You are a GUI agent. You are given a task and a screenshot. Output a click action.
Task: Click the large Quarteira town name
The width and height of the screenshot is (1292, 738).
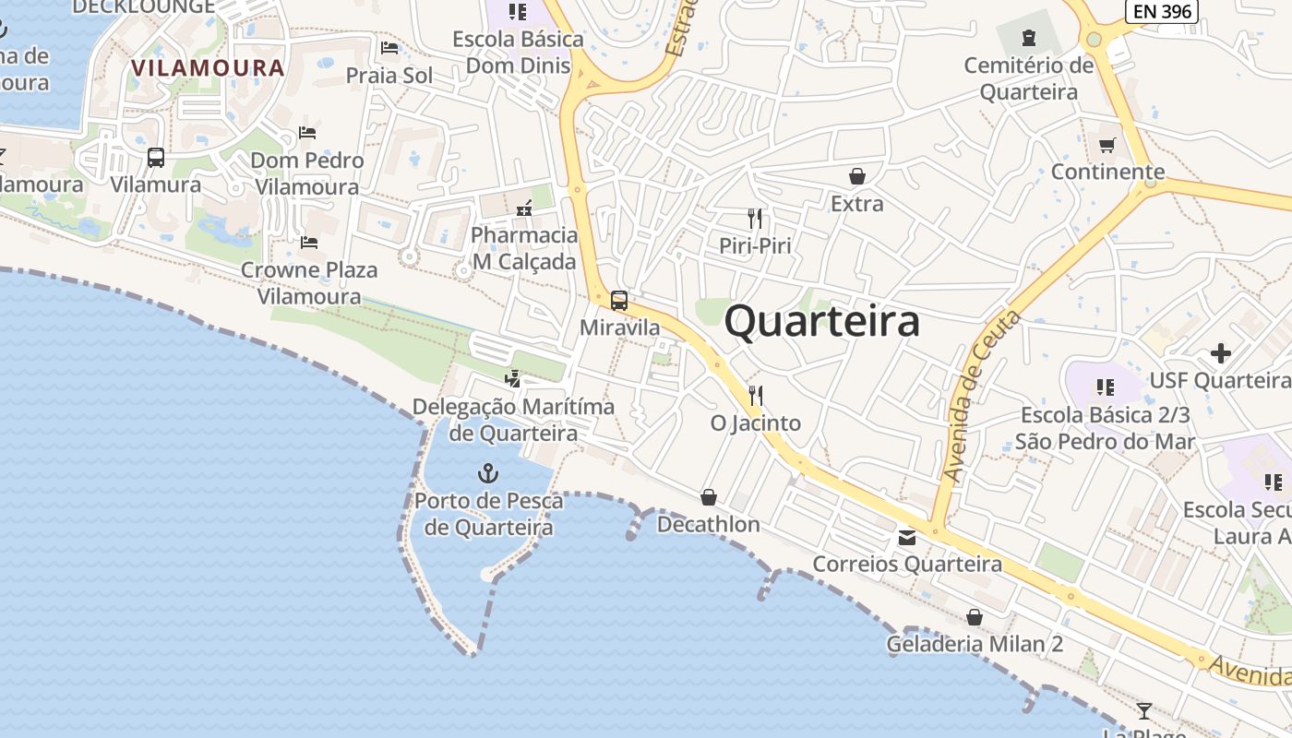coord(821,322)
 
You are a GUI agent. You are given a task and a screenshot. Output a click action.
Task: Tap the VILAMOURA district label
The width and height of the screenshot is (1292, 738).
coord(208,67)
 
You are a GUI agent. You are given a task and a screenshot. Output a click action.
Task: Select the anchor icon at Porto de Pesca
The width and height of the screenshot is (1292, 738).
coord(487,474)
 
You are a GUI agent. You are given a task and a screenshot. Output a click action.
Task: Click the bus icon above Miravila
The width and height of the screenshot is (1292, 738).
coord(619,300)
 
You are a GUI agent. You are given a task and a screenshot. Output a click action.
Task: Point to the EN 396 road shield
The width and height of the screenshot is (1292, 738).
coord(1162,11)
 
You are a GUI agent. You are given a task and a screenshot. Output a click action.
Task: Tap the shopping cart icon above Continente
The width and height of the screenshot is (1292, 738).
coord(1107,145)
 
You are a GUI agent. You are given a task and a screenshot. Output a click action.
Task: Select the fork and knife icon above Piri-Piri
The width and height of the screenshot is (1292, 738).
coord(755,219)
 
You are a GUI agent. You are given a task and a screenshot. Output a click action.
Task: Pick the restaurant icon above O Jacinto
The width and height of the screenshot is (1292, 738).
coord(755,396)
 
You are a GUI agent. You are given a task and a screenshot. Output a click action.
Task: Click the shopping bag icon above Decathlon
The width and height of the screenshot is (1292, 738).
coord(709,497)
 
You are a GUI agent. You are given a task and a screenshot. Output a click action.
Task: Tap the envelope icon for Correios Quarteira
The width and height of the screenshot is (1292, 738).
coord(907,537)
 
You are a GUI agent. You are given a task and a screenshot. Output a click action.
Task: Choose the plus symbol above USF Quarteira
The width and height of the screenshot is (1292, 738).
coord(1221,352)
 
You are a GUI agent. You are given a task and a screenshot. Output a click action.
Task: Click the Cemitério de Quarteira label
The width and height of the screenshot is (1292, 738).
coord(1028,78)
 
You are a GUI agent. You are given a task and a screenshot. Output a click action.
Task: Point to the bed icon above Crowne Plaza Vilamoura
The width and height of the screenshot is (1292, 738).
coord(309,243)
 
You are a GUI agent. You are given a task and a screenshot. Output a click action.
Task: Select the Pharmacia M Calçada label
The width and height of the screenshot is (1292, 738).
coord(524,248)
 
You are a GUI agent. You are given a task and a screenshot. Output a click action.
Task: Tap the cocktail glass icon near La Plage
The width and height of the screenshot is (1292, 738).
coord(1144,710)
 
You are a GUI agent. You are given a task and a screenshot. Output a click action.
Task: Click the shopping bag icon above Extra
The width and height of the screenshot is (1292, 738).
coord(857,176)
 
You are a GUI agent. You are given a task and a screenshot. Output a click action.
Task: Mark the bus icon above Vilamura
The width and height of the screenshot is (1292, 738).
coord(156,158)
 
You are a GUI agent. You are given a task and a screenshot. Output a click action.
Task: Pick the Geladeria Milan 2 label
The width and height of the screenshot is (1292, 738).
coord(975,644)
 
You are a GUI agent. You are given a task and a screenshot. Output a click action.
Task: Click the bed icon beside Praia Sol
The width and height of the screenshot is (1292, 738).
coord(389,48)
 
